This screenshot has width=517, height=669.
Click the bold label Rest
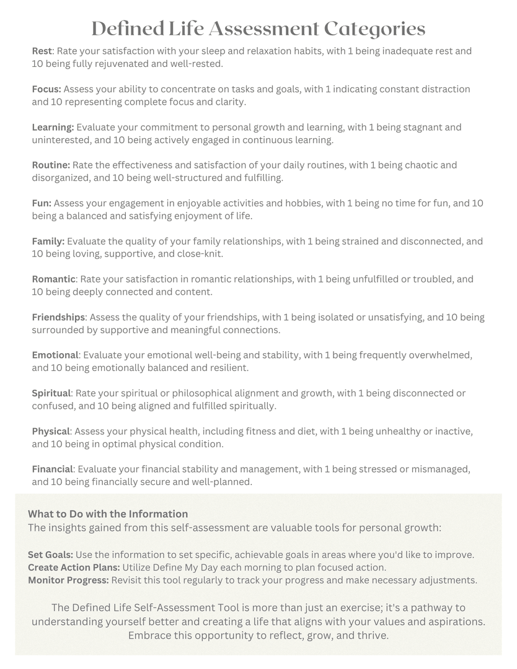point(42,51)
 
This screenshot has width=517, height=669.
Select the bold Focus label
point(46,89)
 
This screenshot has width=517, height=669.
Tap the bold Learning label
point(53,127)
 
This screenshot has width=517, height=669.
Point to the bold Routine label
point(51,165)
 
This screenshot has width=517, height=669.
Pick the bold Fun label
point(42,203)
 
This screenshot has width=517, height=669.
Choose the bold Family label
point(48,241)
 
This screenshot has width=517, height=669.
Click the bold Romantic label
point(54,279)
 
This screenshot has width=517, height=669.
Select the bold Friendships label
point(58,317)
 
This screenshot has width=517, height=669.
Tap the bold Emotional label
point(55,355)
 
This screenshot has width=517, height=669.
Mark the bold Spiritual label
point(52,393)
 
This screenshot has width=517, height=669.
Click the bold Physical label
point(51,431)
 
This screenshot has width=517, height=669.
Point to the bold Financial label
point(53,469)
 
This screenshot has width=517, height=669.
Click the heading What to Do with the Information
point(108,514)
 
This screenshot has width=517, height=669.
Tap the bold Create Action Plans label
point(74,567)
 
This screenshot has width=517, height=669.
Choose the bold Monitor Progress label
point(68,580)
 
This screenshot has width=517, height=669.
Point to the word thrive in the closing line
point(371,636)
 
